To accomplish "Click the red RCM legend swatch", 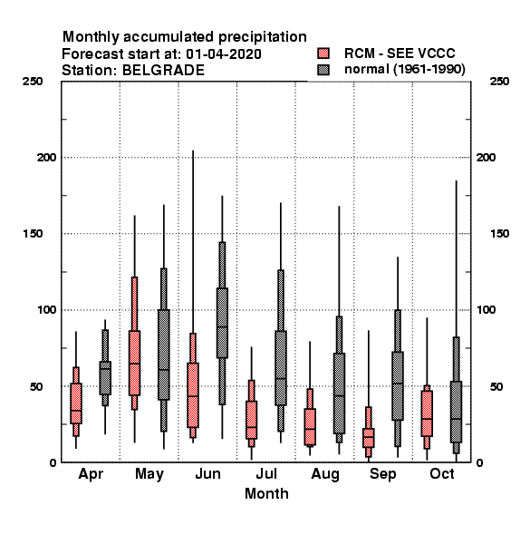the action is [x=323, y=53].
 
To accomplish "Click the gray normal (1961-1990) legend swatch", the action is [x=323, y=70].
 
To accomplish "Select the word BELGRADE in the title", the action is [x=163, y=71].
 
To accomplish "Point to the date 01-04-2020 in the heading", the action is [x=224, y=54].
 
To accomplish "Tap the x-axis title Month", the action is [x=266, y=494].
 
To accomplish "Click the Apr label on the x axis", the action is [x=91, y=474].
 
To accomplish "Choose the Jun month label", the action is [x=207, y=473].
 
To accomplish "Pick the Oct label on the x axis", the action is [x=442, y=473].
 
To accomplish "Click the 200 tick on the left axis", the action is [x=46, y=157].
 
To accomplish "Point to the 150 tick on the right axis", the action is [x=499, y=234].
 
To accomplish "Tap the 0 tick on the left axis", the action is [x=53, y=462].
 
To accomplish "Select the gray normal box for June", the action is [x=222, y=323].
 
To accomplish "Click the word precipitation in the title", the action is [x=263, y=37].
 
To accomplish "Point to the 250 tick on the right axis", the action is [x=499, y=82].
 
